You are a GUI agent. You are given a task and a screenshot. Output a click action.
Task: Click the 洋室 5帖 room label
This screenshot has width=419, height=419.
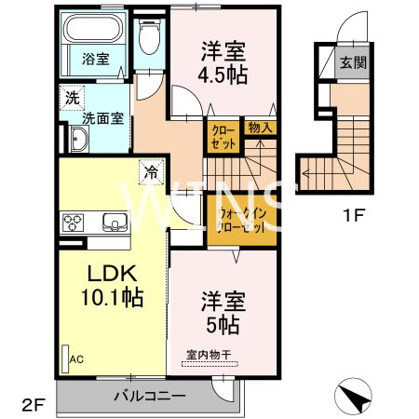(x=223, y=314)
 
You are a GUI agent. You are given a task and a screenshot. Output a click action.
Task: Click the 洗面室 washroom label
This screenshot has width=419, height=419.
(x=102, y=118)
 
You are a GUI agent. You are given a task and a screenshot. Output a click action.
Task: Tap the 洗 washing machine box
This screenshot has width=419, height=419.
(x=72, y=96)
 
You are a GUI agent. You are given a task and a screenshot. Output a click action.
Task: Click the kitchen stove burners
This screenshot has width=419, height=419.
(x=74, y=223)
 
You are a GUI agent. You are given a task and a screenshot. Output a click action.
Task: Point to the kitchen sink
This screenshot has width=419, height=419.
(x=115, y=223)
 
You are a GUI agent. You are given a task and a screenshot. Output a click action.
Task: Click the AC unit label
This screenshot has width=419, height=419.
(x=75, y=357)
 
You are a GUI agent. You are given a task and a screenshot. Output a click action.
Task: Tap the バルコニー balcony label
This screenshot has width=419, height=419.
(x=149, y=396)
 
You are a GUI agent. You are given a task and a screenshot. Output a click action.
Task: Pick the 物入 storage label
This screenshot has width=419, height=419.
(x=260, y=128)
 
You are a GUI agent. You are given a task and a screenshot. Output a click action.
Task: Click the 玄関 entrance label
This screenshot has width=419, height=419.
(x=354, y=64)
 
